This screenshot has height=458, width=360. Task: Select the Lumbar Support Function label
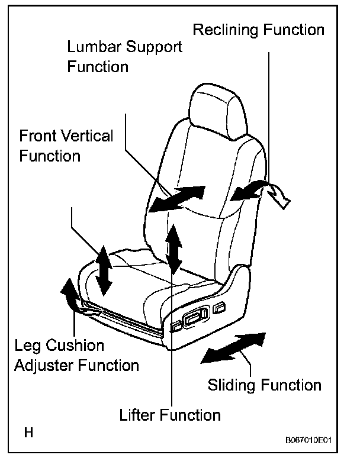[x=124, y=56]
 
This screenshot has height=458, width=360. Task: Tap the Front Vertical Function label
[x=66, y=146]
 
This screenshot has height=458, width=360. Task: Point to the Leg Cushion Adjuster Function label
[x=76, y=355]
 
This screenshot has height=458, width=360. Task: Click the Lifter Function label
[x=169, y=414]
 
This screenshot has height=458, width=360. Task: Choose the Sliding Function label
[x=264, y=385]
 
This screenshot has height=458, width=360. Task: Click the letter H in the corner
[x=28, y=432]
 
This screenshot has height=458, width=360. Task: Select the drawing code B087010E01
[x=308, y=441]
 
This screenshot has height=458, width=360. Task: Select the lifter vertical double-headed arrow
[x=173, y=248]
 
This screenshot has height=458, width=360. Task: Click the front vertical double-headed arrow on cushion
[x=104, y=270]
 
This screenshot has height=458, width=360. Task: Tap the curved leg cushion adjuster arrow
[x=69, y=295]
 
